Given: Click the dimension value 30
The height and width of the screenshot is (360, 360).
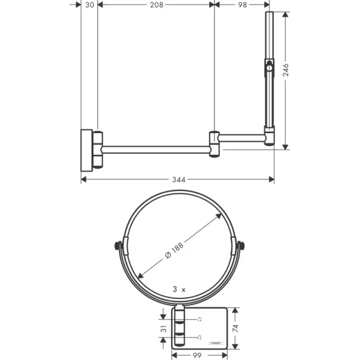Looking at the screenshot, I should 89,5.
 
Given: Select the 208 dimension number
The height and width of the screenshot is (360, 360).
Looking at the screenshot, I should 156,5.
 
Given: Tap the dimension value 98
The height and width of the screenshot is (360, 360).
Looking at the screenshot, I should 241,5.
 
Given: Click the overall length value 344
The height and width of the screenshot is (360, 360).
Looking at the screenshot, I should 177,179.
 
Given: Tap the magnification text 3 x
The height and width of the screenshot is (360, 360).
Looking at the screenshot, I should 179,290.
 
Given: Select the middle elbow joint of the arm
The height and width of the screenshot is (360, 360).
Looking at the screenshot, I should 215,143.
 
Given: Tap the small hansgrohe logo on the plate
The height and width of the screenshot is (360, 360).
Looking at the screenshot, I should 215,341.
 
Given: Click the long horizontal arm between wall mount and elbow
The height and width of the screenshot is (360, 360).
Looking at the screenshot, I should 157,149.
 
